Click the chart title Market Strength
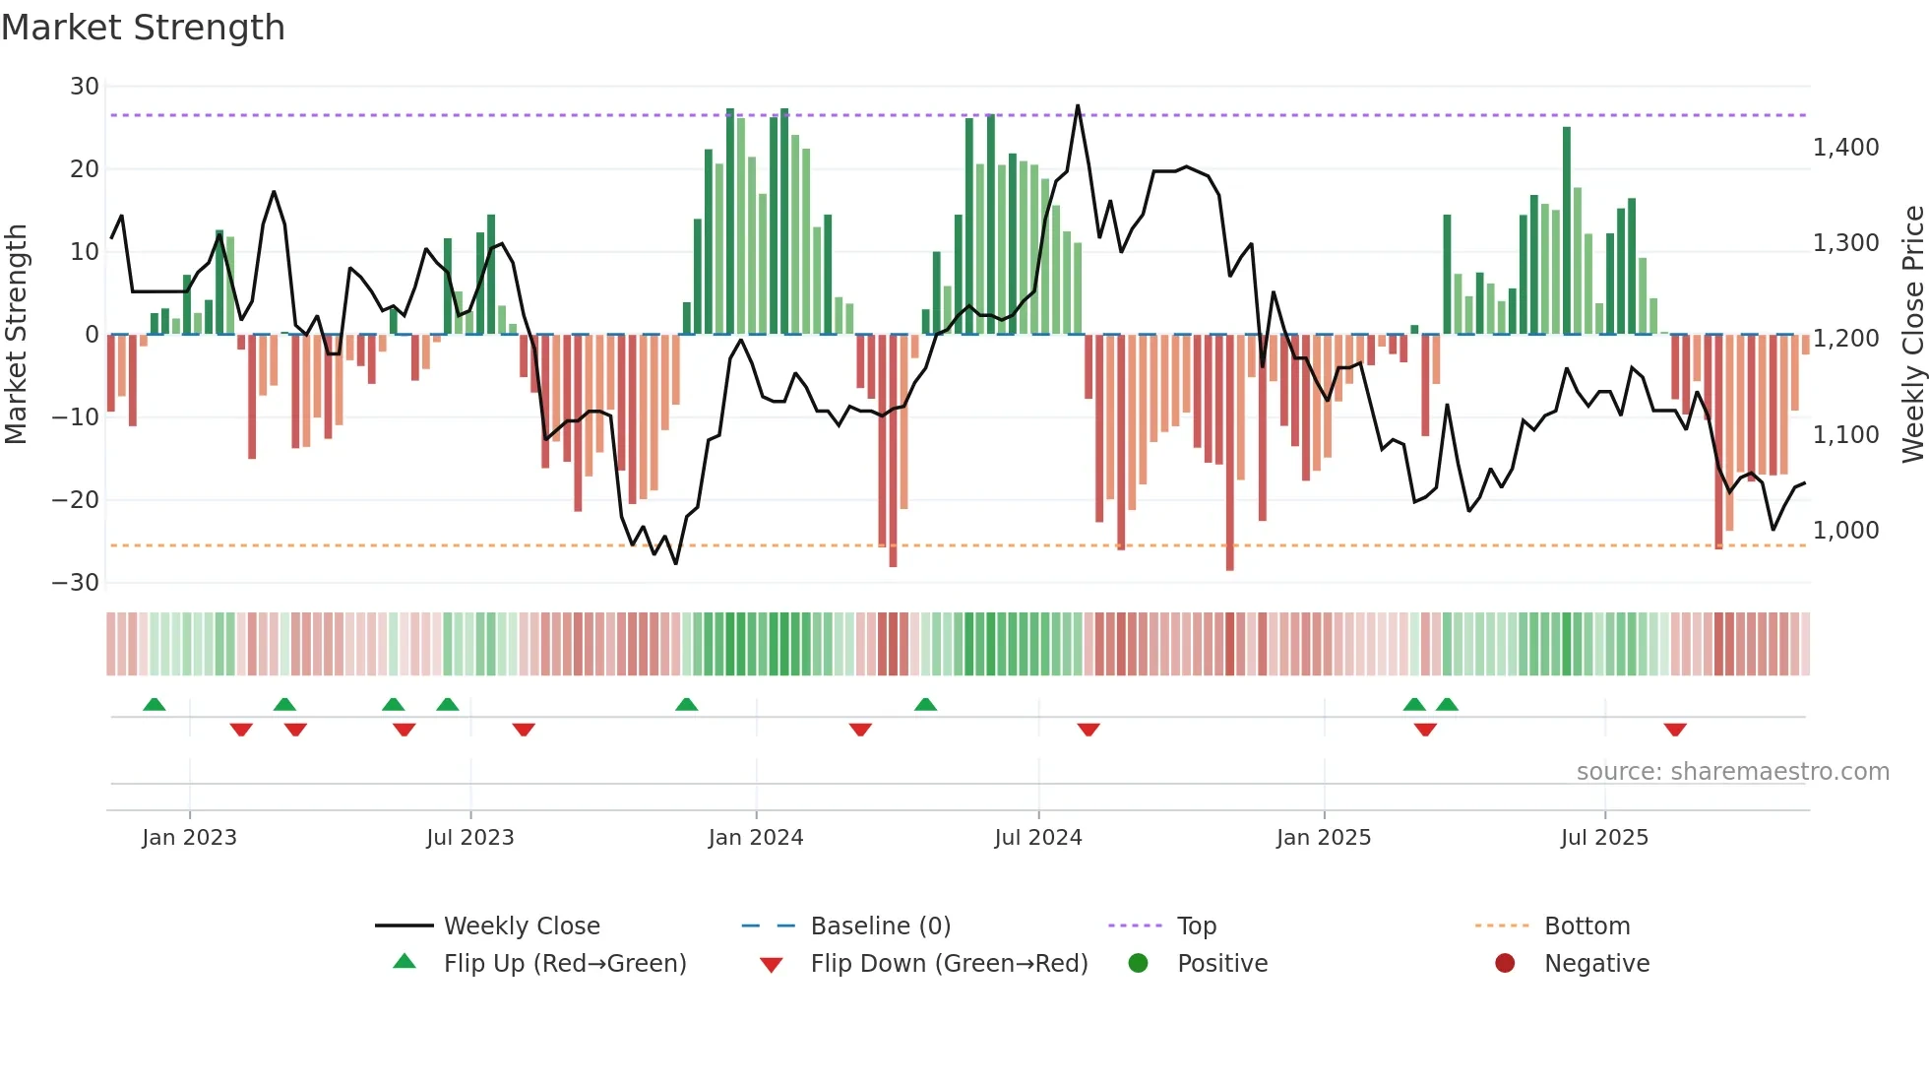[x=143, y=28]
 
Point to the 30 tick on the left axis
[x=85, y=87]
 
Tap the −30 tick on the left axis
[x=76, y=583]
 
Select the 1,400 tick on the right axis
[x=1845, y=148]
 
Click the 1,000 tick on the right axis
[x=1845, y=531]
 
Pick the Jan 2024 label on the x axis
[x=756, y=838]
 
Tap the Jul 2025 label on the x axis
[x=1604, y=838]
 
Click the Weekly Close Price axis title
[x=1912, y=335]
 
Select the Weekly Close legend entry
[x=522, y=926]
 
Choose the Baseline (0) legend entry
[x=880, y=926]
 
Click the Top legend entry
[x=1197, y=926]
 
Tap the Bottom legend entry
[x=1587, y=926]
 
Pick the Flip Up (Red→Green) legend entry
[x=565, y=964]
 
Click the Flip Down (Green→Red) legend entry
[x=949, y=964]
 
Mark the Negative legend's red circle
[x=1505, y=964]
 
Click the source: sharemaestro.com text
[x=1732, y=772]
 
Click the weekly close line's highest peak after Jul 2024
[x=1078, y=106]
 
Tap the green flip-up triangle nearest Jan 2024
[x=687, y=704]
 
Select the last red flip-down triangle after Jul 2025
[x=1675, y=730]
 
